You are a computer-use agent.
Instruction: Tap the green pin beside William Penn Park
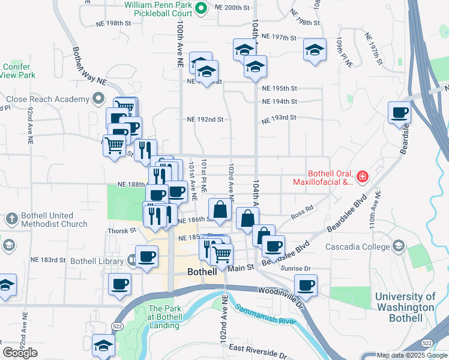coord(202,8)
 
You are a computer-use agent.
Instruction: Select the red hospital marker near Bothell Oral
coord(362,176)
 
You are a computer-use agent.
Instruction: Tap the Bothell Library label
coord(97,260)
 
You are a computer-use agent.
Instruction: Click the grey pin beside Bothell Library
coord(132,260)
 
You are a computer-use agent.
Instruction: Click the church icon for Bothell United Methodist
coord(11,219)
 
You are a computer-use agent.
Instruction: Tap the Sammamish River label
coord(265,314)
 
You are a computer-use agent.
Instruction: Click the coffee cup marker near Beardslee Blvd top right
coord(399,112)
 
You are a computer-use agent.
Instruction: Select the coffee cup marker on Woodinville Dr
coord(306,285)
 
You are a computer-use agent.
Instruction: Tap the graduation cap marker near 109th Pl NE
coord(315,50)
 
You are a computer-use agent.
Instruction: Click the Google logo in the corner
coord(20,353)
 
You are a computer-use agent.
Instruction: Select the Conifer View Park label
coord(19,71)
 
